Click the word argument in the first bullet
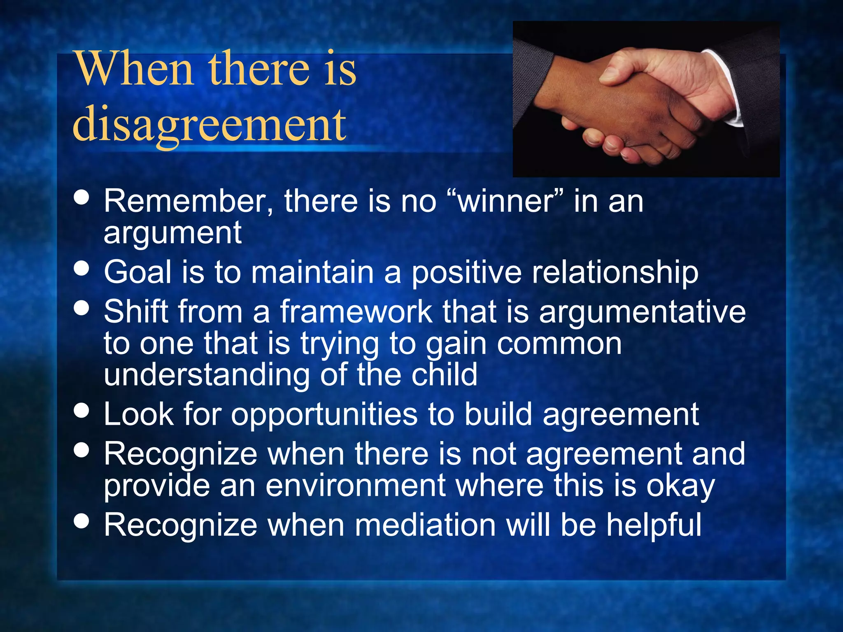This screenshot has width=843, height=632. (x=172, y=233)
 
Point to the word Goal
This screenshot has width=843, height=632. (x=137, y=272)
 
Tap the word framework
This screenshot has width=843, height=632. (x=356, y=311)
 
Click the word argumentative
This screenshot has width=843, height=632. (x=642, y=312)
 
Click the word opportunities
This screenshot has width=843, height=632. (x=324, y=415)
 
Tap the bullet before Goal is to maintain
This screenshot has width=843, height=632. (x=82, y=268)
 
